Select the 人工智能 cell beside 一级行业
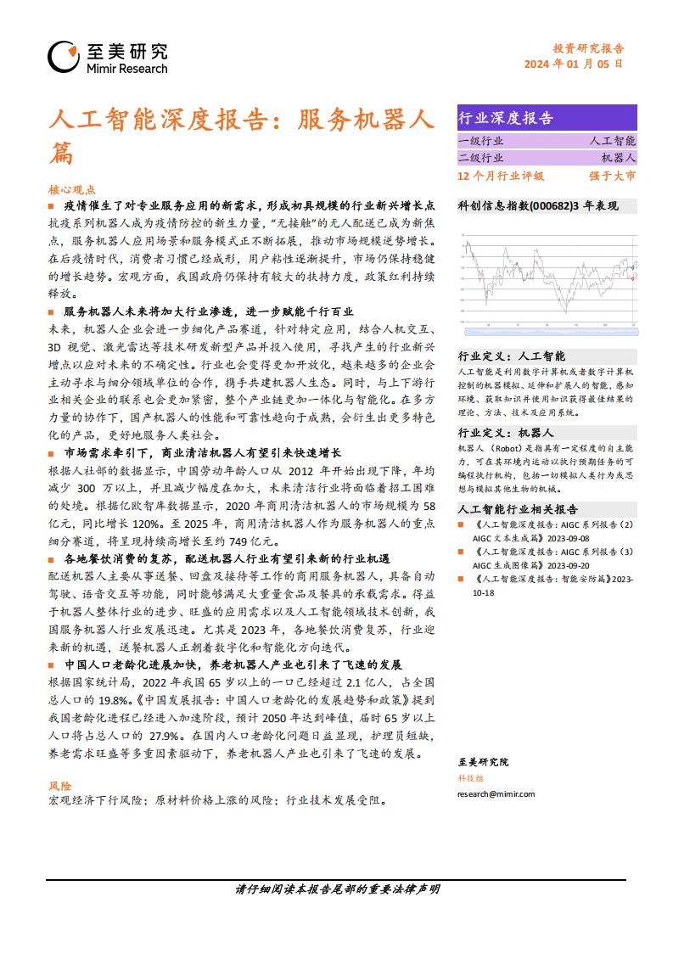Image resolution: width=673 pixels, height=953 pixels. pyautogui.click(x=613, y=141)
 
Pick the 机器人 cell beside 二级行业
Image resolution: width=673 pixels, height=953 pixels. pyautogui.click(x=618, y=158)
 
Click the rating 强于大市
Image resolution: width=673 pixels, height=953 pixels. pyautogui.click(x=612, y=176)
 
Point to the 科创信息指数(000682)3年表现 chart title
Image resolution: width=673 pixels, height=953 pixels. pyautogui.click(x=538, y=205)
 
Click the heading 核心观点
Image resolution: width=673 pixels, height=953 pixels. pyautogui.click(x=73, y=190)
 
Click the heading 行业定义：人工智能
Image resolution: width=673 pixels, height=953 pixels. pyautogui.click(x=511, y=356)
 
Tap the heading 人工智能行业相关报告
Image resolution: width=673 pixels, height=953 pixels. pyautogui.click(x=518, y=509)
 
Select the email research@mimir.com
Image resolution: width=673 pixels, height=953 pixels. pyautogui.click(x=496, y=793)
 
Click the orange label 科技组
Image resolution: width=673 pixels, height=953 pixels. pyautogui.click(x=469, y=777)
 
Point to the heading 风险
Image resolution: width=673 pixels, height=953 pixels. pyautogui.click(x=60, y=787)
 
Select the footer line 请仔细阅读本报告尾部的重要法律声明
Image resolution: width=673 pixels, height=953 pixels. pyautogui.click(x=337, y=889)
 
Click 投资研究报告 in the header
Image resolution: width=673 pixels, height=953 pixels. pyautogui.click(x=582, y=48)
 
